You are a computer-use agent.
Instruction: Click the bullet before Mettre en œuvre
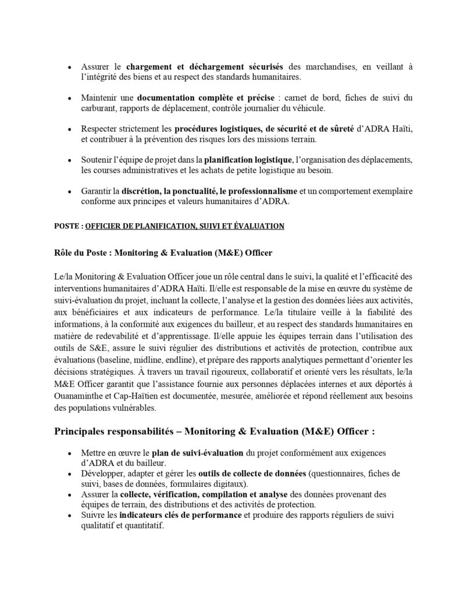(70, 452)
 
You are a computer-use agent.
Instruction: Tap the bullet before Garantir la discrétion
(70, 191)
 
